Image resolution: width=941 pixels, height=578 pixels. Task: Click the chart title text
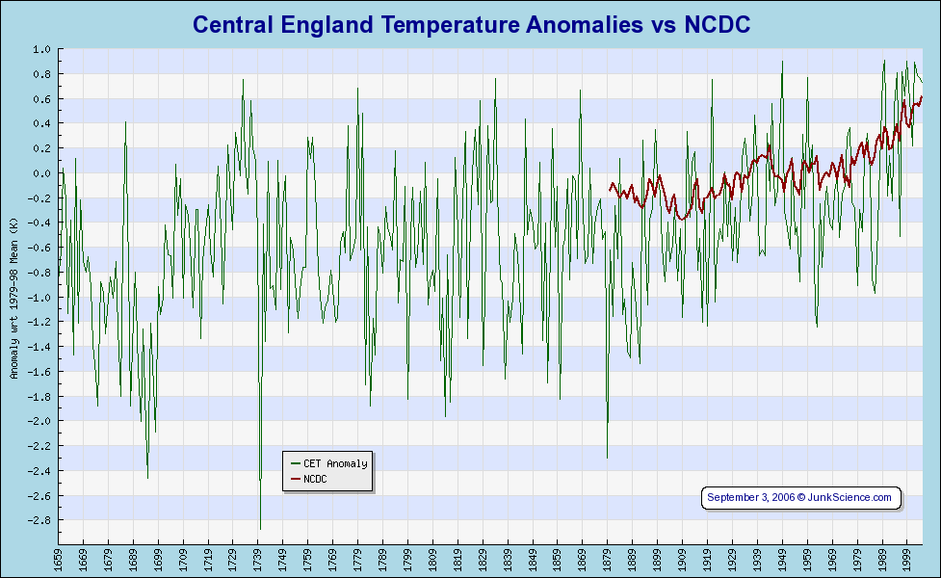click(x=471, y=24)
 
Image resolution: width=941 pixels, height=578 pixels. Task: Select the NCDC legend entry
click(x=315, y=479)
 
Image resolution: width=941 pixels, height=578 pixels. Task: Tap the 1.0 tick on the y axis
click(x=41, y=49)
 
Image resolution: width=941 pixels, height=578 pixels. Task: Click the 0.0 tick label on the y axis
click(x=41, y=173)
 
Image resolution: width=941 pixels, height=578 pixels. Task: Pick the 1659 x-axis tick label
click(x=58, y=558)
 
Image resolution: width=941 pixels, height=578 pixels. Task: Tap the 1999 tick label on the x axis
click(x=907, y=558)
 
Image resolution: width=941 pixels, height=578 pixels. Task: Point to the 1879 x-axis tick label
click(x=608, y=558)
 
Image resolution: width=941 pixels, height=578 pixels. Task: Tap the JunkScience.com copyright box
click(x=800, y=497)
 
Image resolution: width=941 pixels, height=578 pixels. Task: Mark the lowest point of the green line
click(x=260, y=529)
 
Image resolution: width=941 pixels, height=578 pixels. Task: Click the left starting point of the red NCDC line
click(x=609, y=185)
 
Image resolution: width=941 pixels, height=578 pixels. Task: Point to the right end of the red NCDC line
click(x=923, y=96)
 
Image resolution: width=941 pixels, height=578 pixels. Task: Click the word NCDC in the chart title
click(x=717, y=24)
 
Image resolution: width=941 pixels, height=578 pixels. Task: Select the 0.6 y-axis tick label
click(x=41, y=98)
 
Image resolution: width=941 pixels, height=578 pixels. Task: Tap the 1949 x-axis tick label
click(x=782, y=558)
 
